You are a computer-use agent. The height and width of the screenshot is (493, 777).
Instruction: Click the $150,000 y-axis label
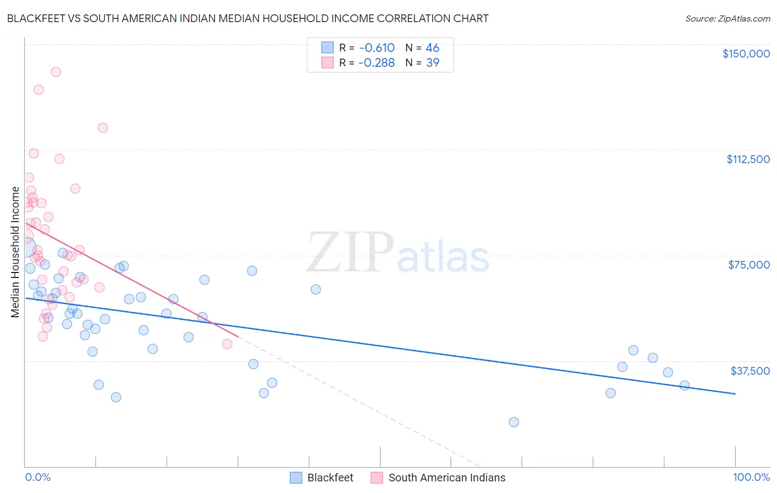pos(746,54)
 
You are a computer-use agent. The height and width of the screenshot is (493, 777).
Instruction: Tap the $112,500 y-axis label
pos(748,159)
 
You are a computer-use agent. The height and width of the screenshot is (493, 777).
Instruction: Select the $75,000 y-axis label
pos(749,265)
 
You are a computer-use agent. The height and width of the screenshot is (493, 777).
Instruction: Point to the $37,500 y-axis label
pos(750,371)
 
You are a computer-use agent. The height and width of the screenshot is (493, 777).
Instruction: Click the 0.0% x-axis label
pos(38,477)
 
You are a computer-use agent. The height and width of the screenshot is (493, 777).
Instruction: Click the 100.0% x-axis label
pos(751,477)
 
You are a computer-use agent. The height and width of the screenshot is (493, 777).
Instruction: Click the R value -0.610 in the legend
pos(376,48)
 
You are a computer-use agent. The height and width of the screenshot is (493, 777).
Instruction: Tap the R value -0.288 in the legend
pos(376,63)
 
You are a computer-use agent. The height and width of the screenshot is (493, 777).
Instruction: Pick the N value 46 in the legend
pos(432,48)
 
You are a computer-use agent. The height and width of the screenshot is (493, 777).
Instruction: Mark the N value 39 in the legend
pos(432,63)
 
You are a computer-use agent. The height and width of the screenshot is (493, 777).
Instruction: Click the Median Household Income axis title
pos(15,252)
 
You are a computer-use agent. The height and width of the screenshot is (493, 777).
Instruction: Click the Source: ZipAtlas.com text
pos(727,18)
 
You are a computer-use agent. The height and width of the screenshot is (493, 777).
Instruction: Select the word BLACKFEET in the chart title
pos(36,18)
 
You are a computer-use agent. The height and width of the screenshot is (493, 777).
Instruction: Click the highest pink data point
pos(56,72)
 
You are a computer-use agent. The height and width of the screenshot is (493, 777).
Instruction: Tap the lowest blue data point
pos(514,422)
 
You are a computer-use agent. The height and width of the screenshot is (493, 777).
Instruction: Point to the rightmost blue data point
pos(684,386)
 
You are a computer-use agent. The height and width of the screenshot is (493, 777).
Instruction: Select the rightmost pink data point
pos(227,344)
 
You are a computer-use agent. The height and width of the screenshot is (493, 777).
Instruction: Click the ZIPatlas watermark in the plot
pos(398,254)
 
